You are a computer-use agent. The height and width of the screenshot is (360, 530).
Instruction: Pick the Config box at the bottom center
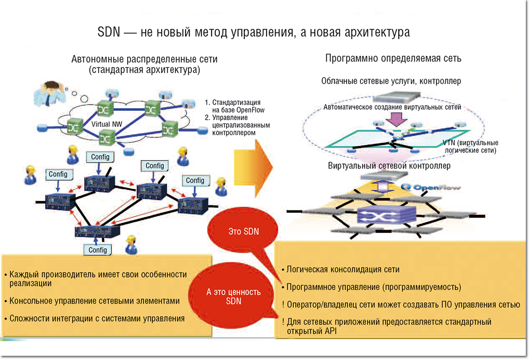point(98,250)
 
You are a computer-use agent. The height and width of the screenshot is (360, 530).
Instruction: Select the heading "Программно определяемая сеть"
point(393,58)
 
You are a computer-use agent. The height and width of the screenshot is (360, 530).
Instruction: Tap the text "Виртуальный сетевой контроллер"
point(390,166)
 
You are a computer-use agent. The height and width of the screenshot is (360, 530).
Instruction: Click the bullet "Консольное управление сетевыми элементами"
point(94,301)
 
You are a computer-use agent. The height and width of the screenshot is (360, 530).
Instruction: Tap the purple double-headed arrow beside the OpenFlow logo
point(383,188)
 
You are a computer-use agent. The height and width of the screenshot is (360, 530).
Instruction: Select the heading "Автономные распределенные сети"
point(145,59)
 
